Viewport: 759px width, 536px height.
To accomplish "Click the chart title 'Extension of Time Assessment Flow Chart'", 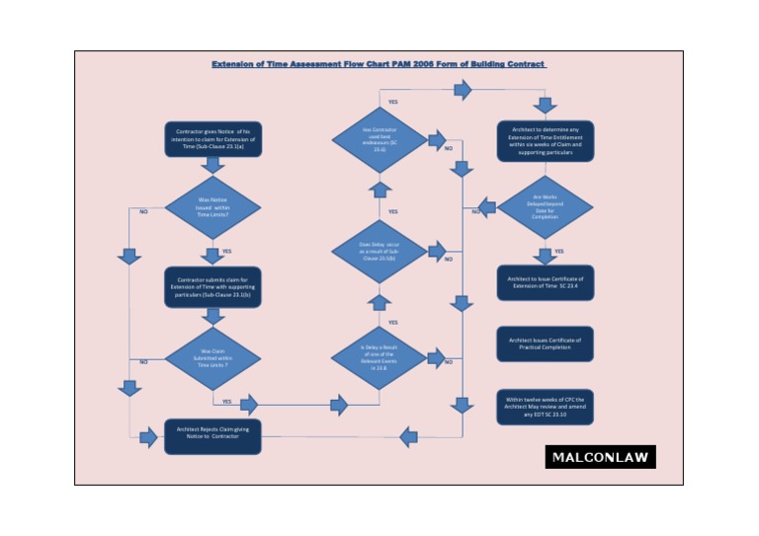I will click(x=379, y=64).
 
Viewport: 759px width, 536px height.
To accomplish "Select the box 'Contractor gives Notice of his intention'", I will click(x=212, y=138).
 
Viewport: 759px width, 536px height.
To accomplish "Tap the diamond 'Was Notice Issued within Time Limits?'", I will click(x=212, y=207).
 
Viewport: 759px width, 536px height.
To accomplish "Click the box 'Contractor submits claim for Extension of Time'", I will click(x=212, y=286).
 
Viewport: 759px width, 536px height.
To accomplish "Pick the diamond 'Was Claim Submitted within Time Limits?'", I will click(x=212, y=357).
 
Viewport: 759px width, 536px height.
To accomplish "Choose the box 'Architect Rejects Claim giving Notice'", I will click(x=212, y=435).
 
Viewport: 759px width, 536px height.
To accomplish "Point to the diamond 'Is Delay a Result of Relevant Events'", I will click(x=379, y=357).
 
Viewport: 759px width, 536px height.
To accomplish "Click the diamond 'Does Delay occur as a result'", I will click(x=379, y=253).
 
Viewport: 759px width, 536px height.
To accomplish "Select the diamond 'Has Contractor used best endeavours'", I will click(x=379, y=142).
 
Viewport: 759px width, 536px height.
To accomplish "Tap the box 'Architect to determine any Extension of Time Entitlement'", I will click(x=546, y=142).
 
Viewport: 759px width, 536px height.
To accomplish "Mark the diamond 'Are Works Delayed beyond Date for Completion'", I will click(x=546, y=207).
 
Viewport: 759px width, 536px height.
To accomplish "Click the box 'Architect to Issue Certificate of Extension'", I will click(x=546, y=282).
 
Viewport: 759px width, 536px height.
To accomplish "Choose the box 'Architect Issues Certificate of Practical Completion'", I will click(x=546, y=344).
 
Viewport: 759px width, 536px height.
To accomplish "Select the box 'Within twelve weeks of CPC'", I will click(x=546, y=407).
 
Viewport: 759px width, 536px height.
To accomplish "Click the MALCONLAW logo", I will click(x=600, y=457).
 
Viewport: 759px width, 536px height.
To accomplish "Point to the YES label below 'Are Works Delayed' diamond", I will click(x=559, y=251).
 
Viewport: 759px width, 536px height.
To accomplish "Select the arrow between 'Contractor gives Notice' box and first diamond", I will click(x=212, y=166).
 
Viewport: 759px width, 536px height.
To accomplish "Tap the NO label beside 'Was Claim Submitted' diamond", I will click(x=143, y=361).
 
